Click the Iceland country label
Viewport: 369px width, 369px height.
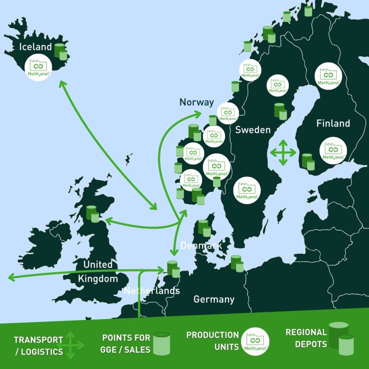pos(36,47)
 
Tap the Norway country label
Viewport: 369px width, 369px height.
pos(196,102)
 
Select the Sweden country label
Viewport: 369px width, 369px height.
pos(253,130)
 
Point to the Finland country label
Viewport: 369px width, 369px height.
pos(333,123)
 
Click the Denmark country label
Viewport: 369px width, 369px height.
pos(201,245)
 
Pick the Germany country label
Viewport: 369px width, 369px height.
pos(214,299)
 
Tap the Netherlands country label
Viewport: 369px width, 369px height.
pos(152,291)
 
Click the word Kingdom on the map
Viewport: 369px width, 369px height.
pos(97,279)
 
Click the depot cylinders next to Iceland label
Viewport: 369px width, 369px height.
pos(60,51)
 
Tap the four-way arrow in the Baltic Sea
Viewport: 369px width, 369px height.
pos(283,152)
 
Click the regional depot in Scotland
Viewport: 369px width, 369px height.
pos(93,213)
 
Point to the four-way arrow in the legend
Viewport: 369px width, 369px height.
pos(70,345)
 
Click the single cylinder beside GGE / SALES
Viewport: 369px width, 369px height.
pos(161,344)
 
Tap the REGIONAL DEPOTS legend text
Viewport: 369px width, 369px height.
pos(306,338)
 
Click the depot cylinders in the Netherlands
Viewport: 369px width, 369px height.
pos(173,269)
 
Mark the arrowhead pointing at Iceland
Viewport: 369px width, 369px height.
pos(61,83)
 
